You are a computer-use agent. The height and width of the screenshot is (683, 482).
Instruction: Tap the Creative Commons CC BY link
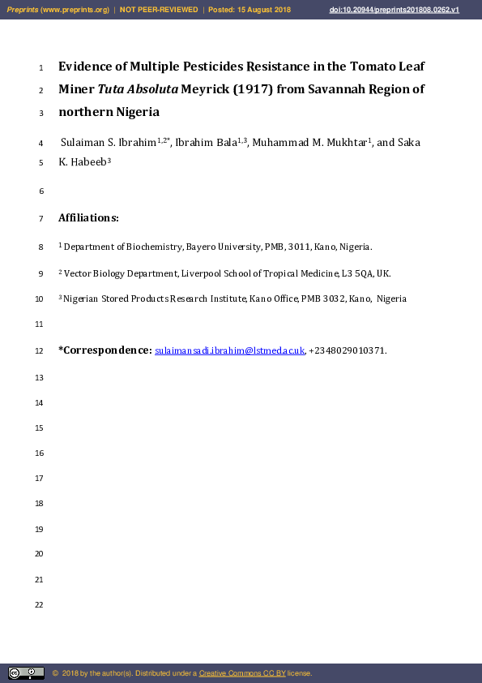tap(242, 673)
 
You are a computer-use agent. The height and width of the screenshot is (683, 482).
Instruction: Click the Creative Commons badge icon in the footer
tap(26, 672)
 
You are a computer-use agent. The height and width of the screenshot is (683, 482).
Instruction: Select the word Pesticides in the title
tap(207, 66)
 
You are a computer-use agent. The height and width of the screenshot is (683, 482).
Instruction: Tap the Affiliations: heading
tap(88, 217)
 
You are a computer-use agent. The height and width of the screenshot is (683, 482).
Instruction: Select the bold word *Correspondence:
tap(105, 350)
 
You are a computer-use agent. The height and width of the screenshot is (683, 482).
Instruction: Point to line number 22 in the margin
tap(39, 605)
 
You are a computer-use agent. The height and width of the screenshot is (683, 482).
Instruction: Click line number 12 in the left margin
tap(39, 351)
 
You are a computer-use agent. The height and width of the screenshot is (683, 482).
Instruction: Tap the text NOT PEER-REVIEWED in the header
tap(159, 10)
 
